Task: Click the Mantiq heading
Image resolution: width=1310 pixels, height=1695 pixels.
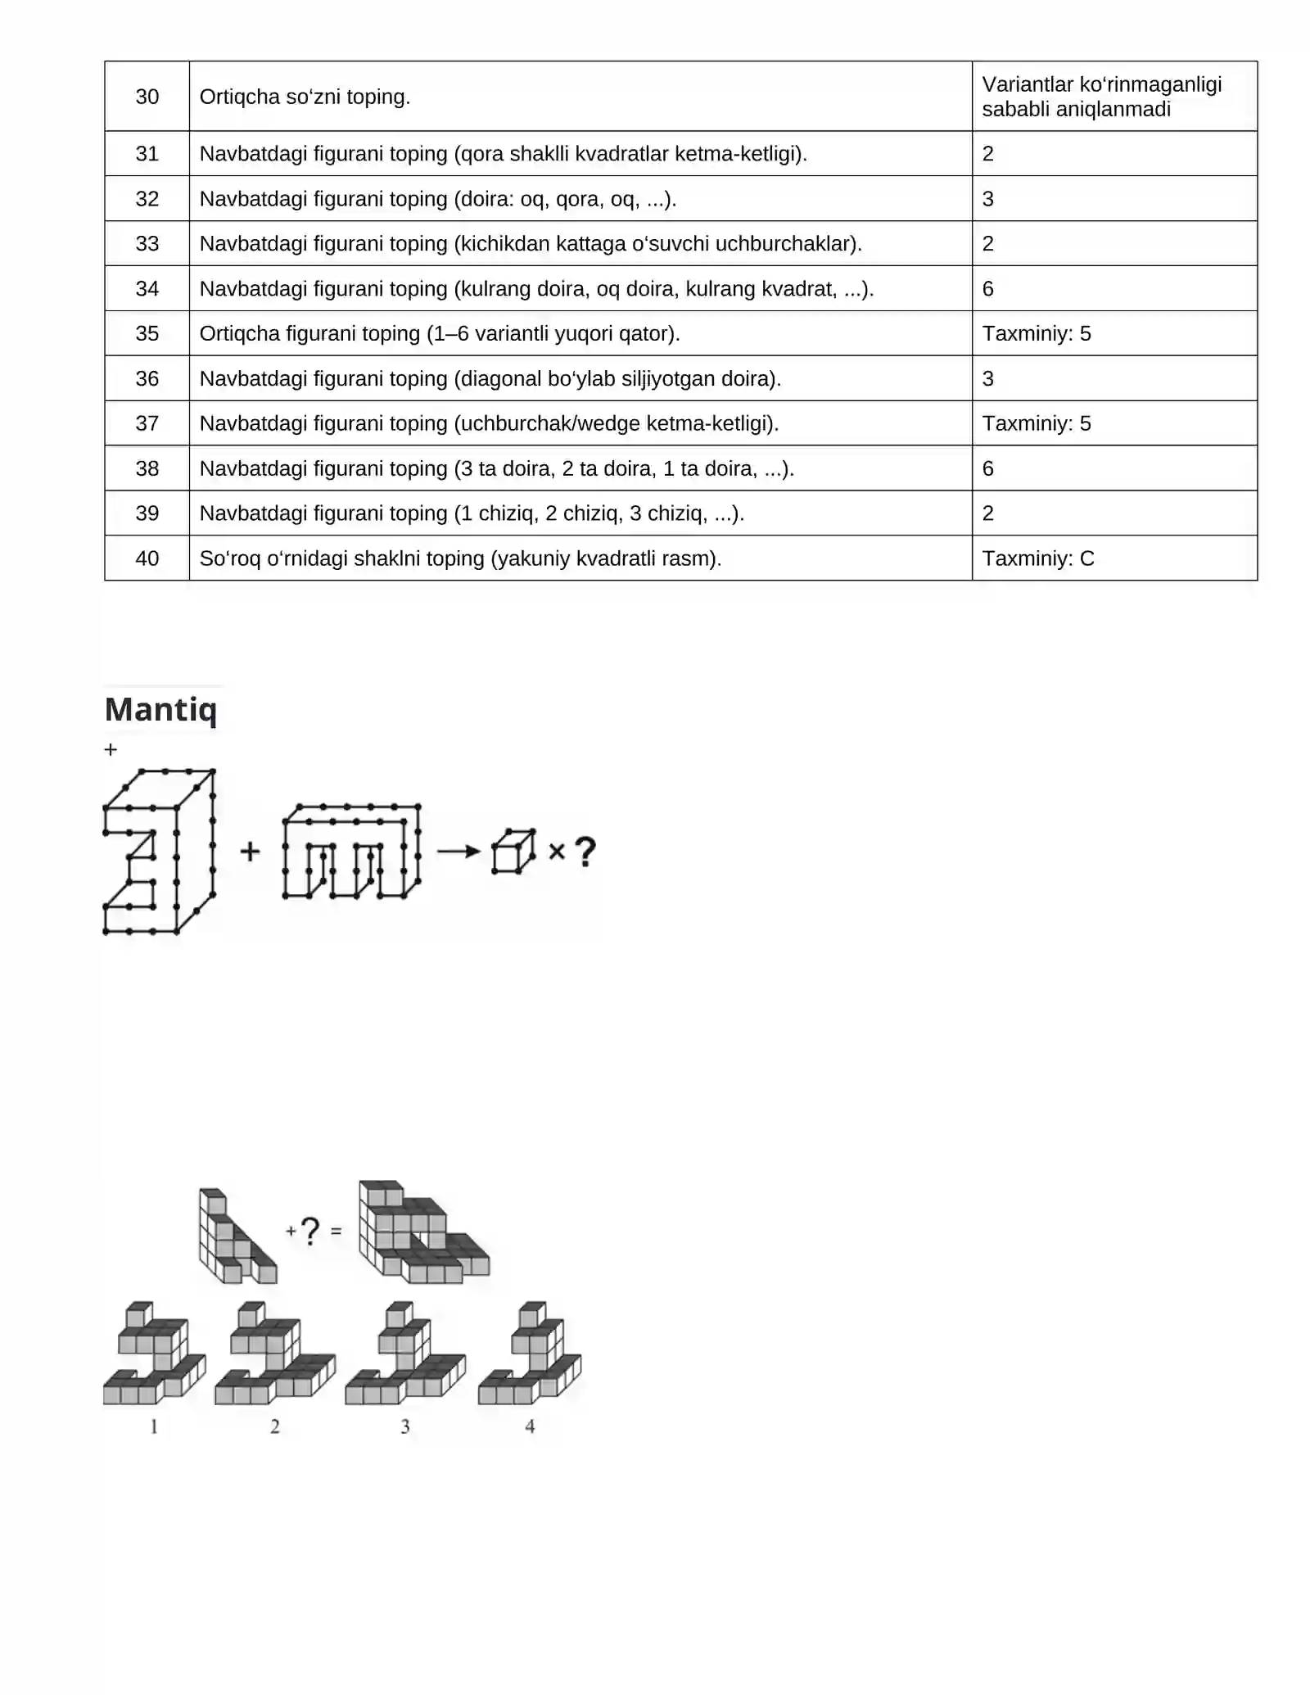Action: (161, 709)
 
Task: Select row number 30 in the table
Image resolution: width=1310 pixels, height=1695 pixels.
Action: (147, 97)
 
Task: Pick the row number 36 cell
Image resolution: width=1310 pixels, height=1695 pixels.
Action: (147, 378)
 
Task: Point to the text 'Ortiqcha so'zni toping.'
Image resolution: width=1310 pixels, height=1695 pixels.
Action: (305, 97)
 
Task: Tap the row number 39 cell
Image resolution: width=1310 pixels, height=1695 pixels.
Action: (147, 513)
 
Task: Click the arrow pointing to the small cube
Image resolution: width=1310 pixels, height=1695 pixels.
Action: (458, 852)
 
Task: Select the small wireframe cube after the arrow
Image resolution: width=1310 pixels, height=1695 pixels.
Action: (513, 852)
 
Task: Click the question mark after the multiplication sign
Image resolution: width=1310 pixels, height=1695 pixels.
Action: (585, 852)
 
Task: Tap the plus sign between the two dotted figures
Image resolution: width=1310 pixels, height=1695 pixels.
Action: (250, 852)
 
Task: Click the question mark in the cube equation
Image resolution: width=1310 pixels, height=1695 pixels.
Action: (309, 1231)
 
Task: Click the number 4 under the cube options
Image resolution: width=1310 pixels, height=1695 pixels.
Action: (530, 1426)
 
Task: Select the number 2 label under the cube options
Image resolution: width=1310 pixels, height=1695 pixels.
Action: (275, 1426)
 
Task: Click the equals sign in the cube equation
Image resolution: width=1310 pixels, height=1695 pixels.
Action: (336, 1231)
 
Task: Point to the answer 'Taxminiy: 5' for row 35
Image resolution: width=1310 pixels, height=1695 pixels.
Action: (1037, 333)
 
